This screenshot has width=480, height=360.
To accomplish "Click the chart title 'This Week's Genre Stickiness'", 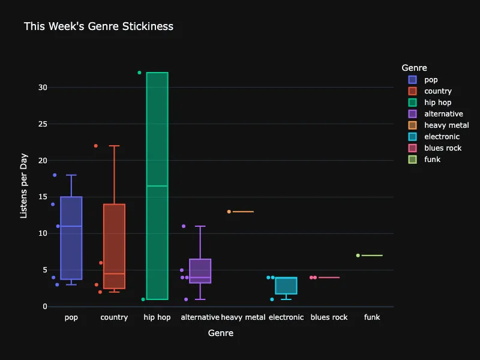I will pos(98,26).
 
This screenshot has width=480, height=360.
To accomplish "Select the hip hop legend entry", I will pos(437,103).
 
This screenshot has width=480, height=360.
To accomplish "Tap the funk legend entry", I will pos(432,160).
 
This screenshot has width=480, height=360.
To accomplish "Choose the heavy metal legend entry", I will pos(446,125).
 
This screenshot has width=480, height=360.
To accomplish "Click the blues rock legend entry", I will pos(443,148).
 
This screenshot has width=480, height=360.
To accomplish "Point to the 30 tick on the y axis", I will pos(42,88).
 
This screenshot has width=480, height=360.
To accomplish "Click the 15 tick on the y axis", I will pos(42,197).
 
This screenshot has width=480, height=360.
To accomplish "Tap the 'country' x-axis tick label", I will pos(114,317).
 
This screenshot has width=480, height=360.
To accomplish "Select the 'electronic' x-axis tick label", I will pos(286,317).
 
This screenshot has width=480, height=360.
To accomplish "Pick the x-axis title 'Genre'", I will pos(221,332).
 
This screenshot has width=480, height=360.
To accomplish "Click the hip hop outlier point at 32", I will pos(139,73).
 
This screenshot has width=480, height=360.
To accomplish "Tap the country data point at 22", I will pos(96,146).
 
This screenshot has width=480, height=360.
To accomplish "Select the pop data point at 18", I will pos(55,175).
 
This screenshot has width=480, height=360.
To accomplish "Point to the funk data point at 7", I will pos(358,256).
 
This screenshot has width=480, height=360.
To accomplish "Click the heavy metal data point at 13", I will pos(229,212).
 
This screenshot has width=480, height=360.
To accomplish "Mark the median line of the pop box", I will pos(71,226).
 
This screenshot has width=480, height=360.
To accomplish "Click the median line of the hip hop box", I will pos(157,186).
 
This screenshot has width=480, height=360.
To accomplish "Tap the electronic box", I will pos(286,285).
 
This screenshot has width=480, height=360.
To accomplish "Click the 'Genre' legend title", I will pos(414,68).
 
